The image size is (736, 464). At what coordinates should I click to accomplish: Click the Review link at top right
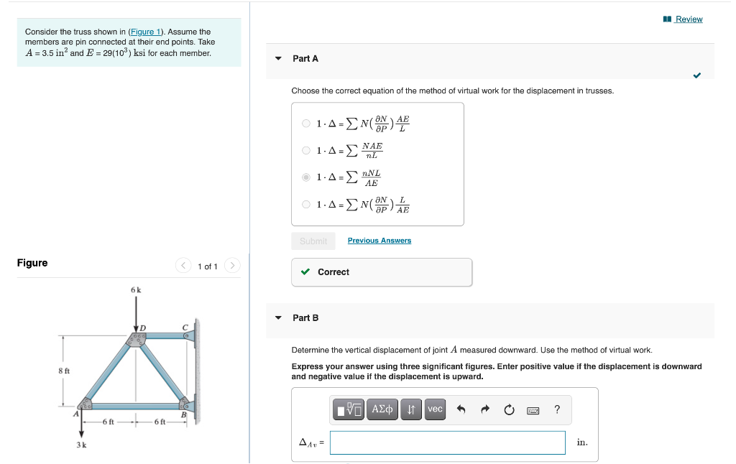(x=688, y=19)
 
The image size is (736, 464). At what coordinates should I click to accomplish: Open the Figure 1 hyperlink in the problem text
(x=146, y=32)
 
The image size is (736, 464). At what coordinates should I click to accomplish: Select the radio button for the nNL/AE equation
(x=306, y=177)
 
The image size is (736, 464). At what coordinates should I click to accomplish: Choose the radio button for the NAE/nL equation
(x=306, y=150)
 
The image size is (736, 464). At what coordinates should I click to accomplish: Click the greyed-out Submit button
(x=313, y=241)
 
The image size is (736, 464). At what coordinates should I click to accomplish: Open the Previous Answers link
(x=379, y=241)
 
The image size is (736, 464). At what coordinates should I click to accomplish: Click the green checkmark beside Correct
(x=306, y=272)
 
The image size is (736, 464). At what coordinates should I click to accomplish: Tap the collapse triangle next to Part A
(x=279, y=59)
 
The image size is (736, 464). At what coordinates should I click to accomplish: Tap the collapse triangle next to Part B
(x=279, y=317)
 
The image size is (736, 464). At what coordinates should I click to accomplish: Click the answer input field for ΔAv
(x=447, y=442)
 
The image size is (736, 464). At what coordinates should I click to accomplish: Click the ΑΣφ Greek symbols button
(x=382, y=409)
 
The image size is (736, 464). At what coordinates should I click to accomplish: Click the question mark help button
(x=557, y=410)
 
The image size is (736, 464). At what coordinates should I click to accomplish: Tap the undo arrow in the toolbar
(x=461, y=410)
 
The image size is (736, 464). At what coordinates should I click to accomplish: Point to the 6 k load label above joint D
(x=136, y=289)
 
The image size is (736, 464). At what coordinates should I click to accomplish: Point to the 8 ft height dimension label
(x=63, y=370)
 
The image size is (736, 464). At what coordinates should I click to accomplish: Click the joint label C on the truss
(x=185, y=328)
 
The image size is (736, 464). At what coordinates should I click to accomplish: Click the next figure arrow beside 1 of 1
(x=232, y=266)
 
